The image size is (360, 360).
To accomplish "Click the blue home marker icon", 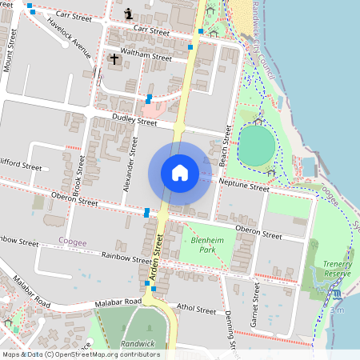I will point(179,173).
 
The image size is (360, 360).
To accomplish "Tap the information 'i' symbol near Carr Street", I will point(130,14).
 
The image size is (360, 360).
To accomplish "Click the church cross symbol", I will point(114,58).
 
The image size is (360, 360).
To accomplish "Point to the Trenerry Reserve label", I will point(337,269).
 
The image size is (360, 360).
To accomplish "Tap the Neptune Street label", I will point(243,186).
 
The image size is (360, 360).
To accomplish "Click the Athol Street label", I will point(195,309).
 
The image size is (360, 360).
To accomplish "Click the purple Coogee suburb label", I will point(73,240).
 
